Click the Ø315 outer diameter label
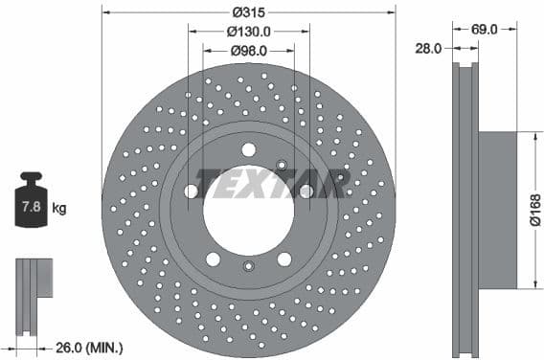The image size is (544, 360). click(248, 12)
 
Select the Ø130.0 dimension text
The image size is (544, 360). click(248, 31)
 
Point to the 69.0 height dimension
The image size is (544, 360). click(485, 31)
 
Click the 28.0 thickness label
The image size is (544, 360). click(428, 48)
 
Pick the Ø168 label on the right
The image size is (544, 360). click(534, 210)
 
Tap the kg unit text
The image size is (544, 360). click(59, 208)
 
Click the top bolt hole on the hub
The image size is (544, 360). click(248, 149)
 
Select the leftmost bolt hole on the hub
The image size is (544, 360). click(192, 191)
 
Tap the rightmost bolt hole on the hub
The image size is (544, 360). click(306, 191)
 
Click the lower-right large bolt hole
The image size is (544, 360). click(284, 259)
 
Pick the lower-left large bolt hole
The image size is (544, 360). click(213, 259)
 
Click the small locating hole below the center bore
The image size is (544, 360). click(248, 266)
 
